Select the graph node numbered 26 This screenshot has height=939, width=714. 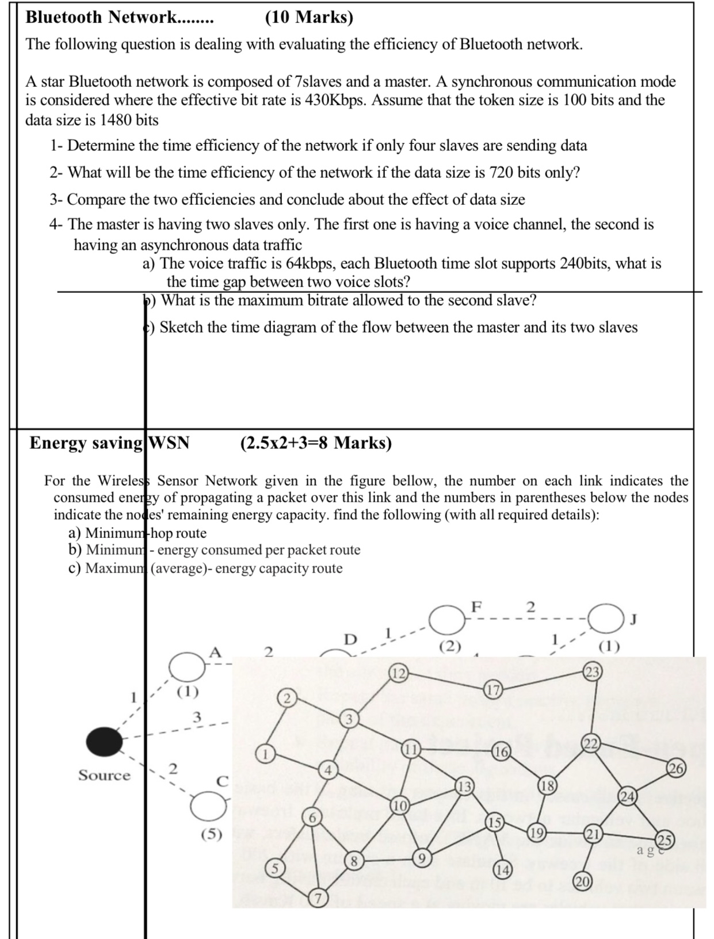(x=677, y=768)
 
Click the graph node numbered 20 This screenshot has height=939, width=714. (x=582, y=881)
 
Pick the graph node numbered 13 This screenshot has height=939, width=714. (x=464, y=787)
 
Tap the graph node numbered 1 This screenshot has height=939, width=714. (x=265, y=753)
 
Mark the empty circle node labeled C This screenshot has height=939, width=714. (x=209, y=806)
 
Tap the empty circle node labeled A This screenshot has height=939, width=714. (x=187, y=666)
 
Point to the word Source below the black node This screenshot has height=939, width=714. (x=104, y=775)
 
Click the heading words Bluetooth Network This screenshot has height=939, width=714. (x=102, y=17)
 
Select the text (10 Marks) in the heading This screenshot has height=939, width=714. (x=309, y=17)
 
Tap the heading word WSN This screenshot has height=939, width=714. (x=169, y=442)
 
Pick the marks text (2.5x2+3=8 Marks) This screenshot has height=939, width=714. (x=316, y=442)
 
